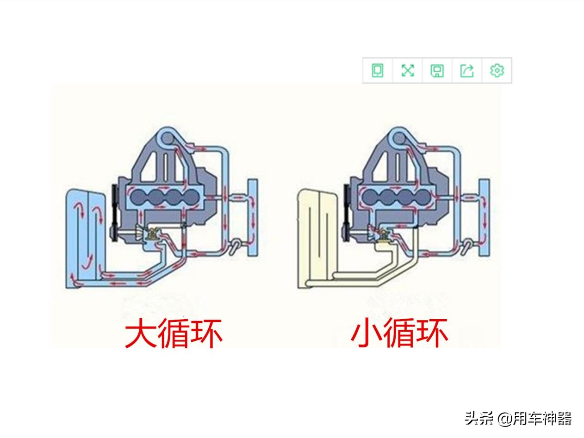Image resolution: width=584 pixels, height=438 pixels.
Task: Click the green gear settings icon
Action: [x=497, y=70]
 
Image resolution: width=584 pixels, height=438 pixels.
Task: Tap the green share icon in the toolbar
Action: [x=467, y=70]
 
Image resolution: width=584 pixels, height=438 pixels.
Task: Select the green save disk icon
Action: [x=437, y=71]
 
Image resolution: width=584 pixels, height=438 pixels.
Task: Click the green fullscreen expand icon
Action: [x=407, y=70]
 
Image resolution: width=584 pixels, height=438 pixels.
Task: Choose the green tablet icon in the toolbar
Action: [x=378, y=70]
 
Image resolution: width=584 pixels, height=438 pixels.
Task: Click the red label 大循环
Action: [x=174, y=333]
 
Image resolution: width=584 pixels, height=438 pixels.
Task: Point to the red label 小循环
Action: [x=399, y=333]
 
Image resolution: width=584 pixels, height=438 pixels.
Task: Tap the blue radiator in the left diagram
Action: [x=85, y=239]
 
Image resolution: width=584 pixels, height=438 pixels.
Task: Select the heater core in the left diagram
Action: [x=253, y=218]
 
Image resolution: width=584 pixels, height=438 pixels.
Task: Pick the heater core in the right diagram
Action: [x=485, y=218]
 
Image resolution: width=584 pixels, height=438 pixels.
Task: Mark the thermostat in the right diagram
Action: [x=385, y=234]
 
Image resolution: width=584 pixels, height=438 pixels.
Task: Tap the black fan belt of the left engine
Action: [x=115, y=213]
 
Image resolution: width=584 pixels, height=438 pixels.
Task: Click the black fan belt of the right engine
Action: [x=347, y=213]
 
